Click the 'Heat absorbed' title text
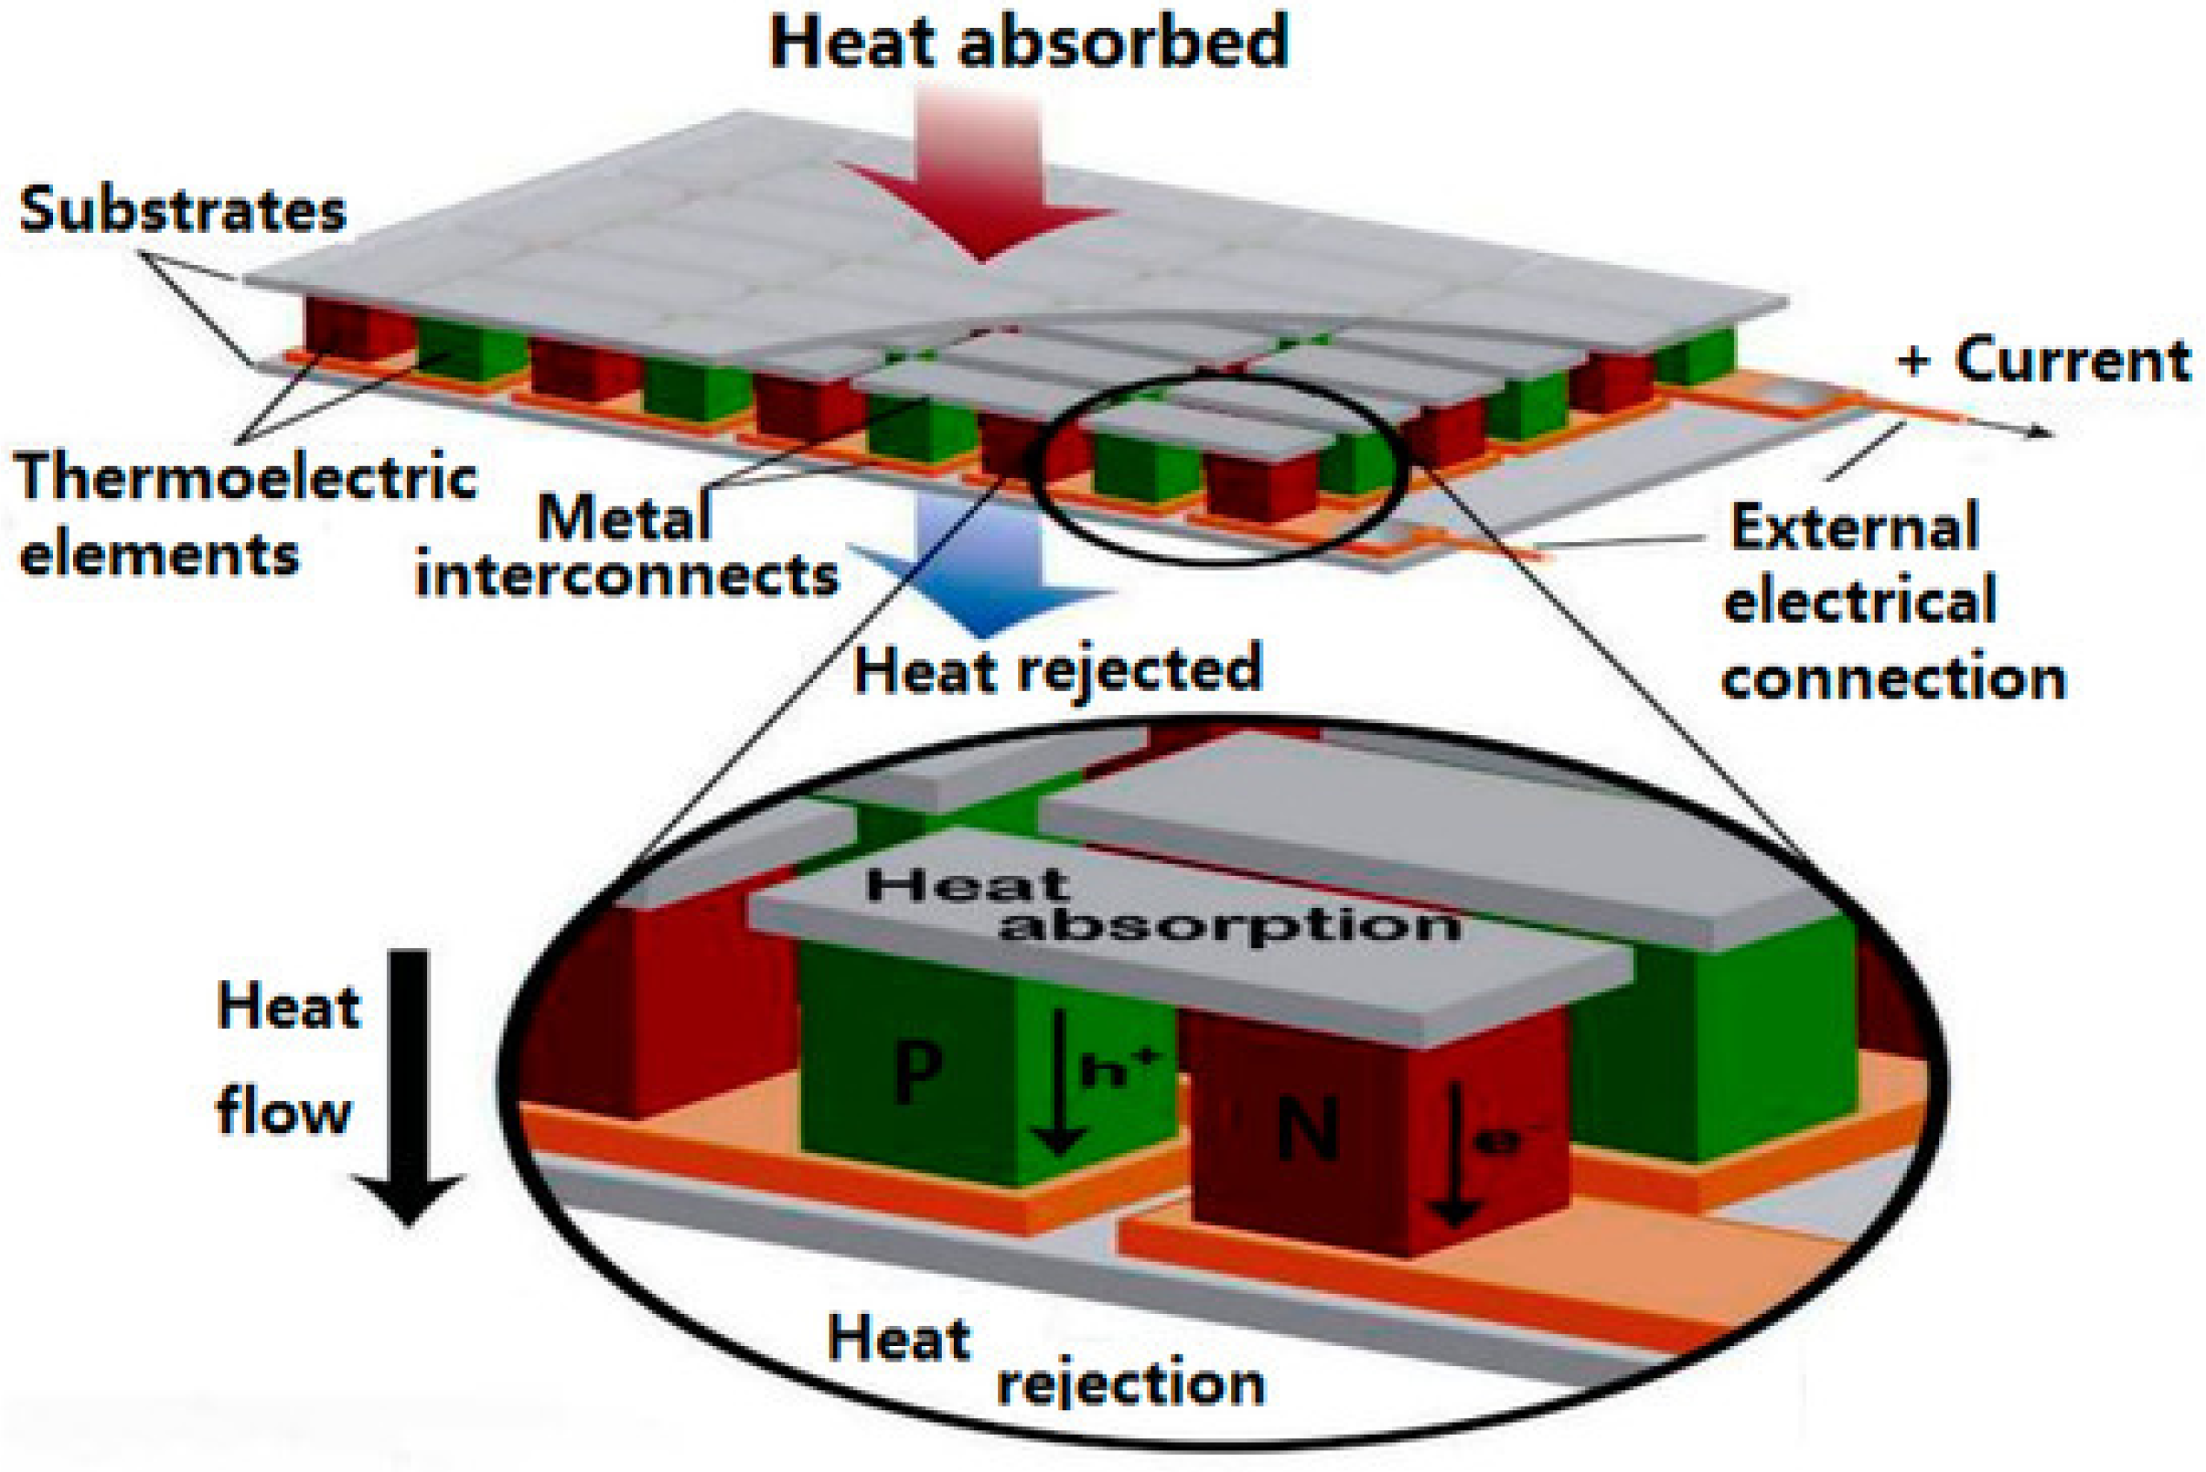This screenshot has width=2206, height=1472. point(1030,43)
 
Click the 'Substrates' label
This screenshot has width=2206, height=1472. point(183,210)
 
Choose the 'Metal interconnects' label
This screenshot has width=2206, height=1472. point(626,547)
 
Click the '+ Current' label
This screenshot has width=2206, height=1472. point(2043,361)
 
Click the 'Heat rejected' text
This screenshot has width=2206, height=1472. point(1057,669)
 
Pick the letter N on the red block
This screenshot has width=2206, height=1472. point(1308,1131)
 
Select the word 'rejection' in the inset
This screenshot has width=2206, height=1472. point(1130,1383)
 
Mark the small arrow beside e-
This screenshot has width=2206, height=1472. point(1455,1155)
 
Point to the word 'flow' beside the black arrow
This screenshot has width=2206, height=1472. point(283,1113)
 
